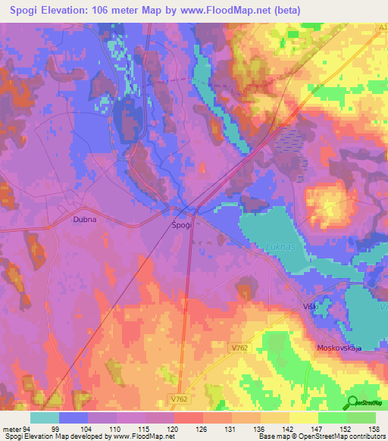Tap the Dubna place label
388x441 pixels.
86,220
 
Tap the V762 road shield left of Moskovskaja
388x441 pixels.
283,348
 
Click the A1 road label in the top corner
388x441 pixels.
381,27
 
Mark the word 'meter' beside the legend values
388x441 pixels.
11,429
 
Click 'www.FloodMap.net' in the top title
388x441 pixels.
234,11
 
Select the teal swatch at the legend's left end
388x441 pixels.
45,418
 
